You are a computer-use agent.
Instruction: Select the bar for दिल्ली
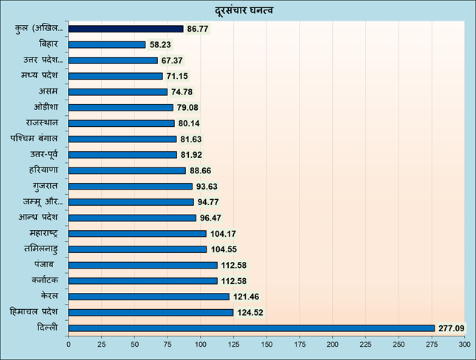point(251,328)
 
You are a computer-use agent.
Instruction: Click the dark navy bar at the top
point(125,29)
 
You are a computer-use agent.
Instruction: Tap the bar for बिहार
point(107,44)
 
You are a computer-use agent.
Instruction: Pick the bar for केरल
point(148,297)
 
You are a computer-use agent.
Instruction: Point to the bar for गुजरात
point(130,186)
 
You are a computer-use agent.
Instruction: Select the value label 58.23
point(161,44)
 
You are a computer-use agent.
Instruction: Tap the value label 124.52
point(248,312)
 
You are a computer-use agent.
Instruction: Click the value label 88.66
point(201,170)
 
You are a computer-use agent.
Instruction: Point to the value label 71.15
point(177,76)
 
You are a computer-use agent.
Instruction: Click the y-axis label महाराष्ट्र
point(45,233)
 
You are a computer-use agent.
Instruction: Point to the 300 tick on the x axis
point(463,344)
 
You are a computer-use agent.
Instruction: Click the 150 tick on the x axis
point(266,344)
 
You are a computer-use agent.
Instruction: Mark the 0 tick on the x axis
point(69,344)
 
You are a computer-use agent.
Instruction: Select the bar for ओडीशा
point(121,108)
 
